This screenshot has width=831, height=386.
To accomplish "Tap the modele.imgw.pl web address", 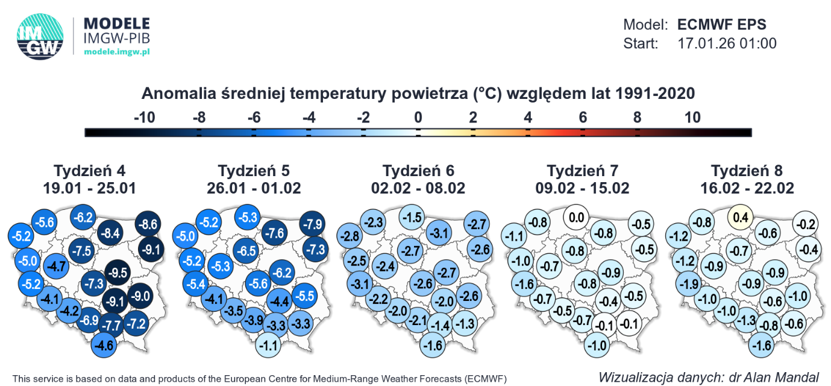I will [x=116, y=52].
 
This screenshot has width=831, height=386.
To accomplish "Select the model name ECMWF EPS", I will [x=721, y=25].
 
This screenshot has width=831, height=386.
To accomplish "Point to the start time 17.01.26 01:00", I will [x=727, y=43].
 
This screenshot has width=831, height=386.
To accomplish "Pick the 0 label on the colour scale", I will [x=418, y=117].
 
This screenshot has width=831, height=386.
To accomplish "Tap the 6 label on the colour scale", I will [x=583, y=117].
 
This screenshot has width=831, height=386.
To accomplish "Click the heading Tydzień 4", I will [x=90, y=170].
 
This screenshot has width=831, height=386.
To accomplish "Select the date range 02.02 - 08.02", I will [x=418, y=188].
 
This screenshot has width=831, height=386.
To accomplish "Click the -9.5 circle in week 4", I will [x=117, y=273].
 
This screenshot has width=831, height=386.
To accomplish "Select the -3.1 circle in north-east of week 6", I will [x=441, y=232].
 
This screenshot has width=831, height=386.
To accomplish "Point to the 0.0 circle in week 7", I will [x=576, y=217].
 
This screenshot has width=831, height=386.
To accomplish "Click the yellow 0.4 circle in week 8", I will [x=741, y=217].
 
